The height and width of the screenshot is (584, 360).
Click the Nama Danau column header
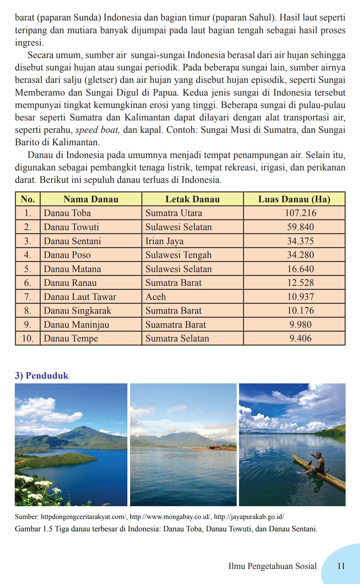(x=91, y=199)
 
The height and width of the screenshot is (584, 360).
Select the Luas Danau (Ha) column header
(x=294, y=199)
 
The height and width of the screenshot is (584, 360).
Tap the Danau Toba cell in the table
(x=67, y=213)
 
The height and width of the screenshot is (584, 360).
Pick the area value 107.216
(x=300, y=213)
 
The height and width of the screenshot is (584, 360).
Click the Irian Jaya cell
(x=164, y=241)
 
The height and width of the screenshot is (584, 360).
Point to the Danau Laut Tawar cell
(x=80, y=297)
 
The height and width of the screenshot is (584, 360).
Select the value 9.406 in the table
(x=300, y=338)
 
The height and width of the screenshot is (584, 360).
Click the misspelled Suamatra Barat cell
(x=176, y=325)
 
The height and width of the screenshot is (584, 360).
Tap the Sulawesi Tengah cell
(x=178, y=255)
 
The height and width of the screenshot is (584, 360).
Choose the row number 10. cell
(x=28, y=338)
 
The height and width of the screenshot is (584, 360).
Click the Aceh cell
(x=156, y=297)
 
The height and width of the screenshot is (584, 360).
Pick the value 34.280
(x=300, y=255)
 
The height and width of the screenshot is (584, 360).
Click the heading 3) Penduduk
(x=42, y=375)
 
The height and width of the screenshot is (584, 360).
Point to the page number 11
(x=341, y=566)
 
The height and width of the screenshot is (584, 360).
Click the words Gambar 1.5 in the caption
(x=34, y=529)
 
